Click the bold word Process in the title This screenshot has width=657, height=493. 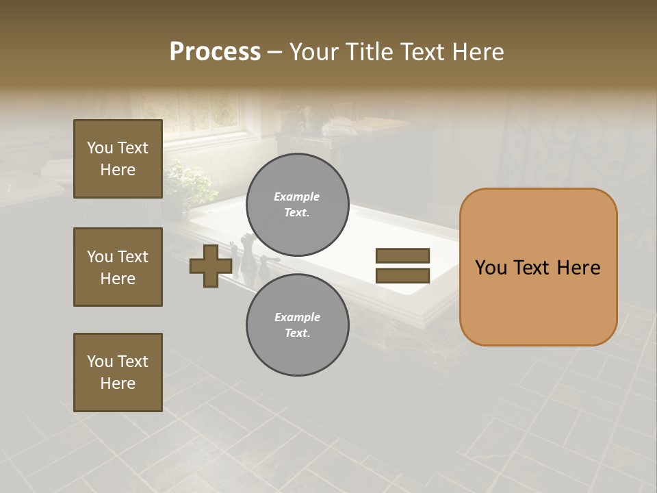pos(215,52)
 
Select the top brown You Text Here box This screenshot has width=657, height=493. pos(118,159)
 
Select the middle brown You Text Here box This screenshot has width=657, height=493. pos(118,267)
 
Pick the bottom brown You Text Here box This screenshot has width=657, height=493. pos(118,372)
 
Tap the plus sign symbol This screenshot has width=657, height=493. pos(211,266)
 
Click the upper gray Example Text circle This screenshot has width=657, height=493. pos(297,205)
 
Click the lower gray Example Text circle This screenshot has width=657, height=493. pos(297,325)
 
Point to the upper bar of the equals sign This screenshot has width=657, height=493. pos(402,255)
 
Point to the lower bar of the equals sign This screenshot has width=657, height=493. pos(402,275)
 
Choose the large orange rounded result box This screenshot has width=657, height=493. pos(538,267)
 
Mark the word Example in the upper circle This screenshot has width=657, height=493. pos(297,197)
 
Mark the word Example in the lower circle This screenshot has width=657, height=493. pos(297,317)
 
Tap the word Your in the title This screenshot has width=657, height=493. pos(315,52)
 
